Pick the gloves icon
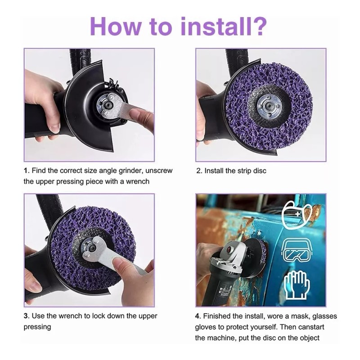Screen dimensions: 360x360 click(297, 285)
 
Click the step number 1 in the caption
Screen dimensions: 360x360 click(26, 171)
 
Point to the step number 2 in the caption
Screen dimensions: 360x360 click(199, 171)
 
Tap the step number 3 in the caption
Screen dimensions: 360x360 click(26, 316)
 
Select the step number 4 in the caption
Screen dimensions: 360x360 click(198, 316)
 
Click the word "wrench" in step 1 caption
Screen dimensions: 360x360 click(138, 181)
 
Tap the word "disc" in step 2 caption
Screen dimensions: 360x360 click(260, 171)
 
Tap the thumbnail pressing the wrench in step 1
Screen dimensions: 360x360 click(135, 113)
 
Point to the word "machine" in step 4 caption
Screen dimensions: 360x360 click(222, 338)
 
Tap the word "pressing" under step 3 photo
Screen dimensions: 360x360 click(37, 327)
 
